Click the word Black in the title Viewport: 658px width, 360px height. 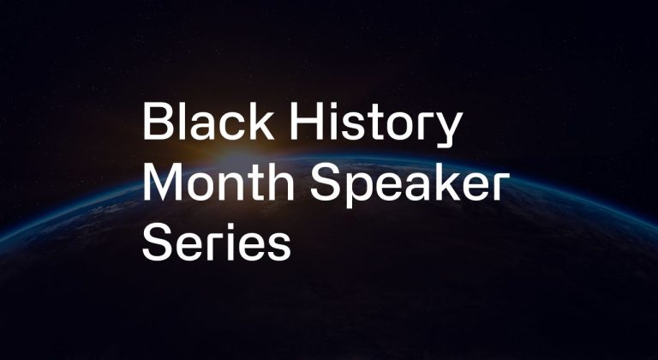208,121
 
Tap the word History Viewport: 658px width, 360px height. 376,124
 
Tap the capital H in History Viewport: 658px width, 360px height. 306,122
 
